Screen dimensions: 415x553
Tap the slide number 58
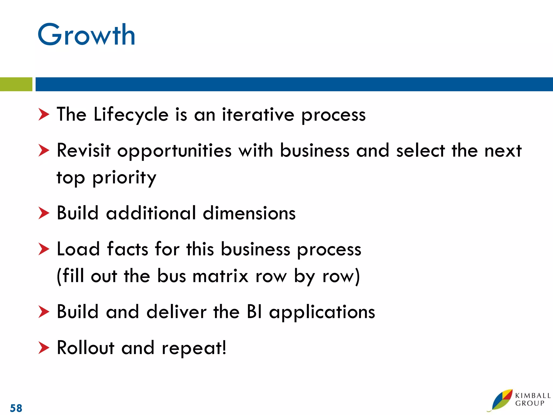(x=16, y=408)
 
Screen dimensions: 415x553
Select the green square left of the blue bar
(x=16, y=84)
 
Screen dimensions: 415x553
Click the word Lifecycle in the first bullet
(x=131, y=115)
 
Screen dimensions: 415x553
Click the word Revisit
(x=84, y=150)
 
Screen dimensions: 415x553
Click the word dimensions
(x=249, y=213)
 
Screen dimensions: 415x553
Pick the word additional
(x=151, y=213)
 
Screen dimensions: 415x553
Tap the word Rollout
(x=86, y=348)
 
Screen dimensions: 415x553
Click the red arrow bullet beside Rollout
(x=44, y=348)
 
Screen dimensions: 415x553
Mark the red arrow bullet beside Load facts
(x=44, y=249)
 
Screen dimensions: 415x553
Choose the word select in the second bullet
(x=420, y=150)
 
